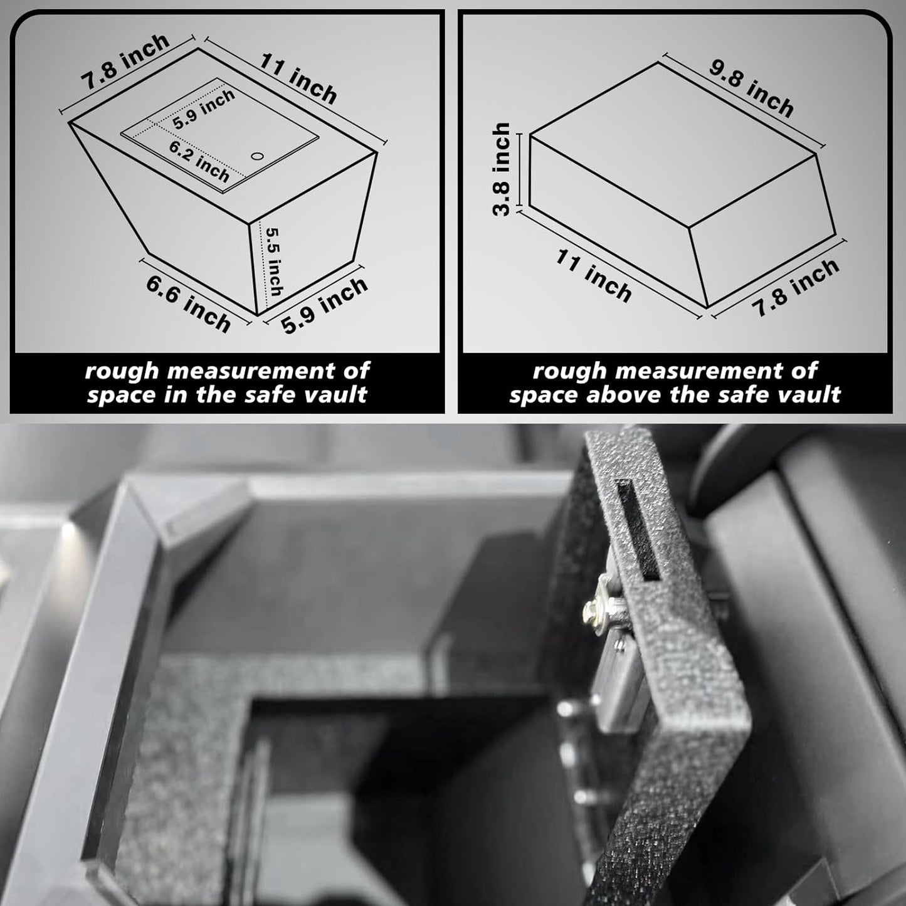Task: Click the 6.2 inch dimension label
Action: click(x=199, y=161)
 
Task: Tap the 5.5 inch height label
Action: click(x=273, y=262)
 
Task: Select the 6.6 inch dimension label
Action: click(x=189, y=304)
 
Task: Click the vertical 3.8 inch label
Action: click(x=500, y=169)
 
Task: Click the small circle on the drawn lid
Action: click(x=257, y=156)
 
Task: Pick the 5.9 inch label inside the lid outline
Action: click(x=204, y=109)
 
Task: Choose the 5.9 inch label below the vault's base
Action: click(x=324, y=305)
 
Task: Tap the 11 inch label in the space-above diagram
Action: click(x=594, y=276)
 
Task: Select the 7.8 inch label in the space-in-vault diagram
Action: click(x=125, y=61)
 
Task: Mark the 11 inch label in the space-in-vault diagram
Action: click(x=298, y=78)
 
